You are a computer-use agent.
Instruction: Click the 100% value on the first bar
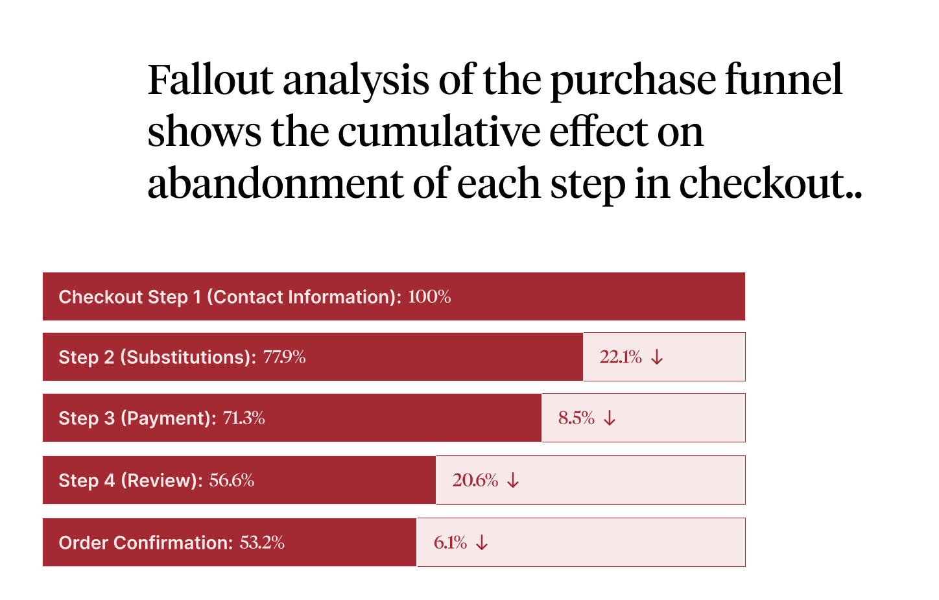click(429, 297)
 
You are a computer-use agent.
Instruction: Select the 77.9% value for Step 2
click(284, 357)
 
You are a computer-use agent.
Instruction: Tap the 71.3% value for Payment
click(244, 418)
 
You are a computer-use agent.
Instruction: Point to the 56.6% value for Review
click(232, 481)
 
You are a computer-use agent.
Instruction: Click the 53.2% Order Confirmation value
click(262, 543)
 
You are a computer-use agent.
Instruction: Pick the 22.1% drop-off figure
click(621, 357)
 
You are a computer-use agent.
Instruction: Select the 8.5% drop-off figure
click(576, 418)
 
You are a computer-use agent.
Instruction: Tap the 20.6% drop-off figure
click(475, 481)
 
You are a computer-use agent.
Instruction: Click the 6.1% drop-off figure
click(450, 543)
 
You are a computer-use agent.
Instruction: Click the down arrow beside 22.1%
click(657, 357)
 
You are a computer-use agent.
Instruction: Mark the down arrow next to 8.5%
click(610, 418)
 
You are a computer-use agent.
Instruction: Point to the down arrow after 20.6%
click(513, 481)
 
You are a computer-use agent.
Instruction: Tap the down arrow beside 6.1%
click(481, 543)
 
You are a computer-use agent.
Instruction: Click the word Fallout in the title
click(210, 80)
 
